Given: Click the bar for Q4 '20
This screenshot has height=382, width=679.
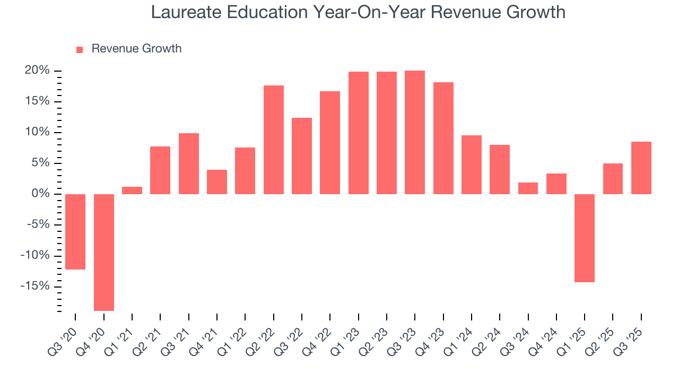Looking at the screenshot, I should [104, 252].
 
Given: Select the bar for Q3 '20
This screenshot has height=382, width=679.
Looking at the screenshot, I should [75, 232].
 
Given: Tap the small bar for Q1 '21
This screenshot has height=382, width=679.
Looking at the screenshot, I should [132, 190].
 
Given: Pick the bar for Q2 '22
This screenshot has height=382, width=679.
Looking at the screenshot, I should [274, 140].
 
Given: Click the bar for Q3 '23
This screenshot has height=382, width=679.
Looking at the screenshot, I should [415, 132].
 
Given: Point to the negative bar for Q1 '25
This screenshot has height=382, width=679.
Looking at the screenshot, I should [585, 238].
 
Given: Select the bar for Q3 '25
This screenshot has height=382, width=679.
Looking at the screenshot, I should [641, 168].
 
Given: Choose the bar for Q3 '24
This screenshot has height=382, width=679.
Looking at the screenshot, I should [528, 188].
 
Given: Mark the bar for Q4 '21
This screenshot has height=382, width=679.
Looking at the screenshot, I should [217, 182].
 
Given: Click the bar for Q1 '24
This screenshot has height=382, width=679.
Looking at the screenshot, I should [472, 164].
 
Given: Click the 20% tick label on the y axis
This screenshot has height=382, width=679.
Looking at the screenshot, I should [37, 71].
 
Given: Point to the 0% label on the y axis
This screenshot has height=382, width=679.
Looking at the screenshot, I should [40, 194].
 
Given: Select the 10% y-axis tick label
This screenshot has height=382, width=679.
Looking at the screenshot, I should [37, 132].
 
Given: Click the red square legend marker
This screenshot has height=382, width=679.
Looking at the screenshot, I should [80, 49].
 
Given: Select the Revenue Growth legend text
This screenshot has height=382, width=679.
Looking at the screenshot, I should [136, 49].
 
